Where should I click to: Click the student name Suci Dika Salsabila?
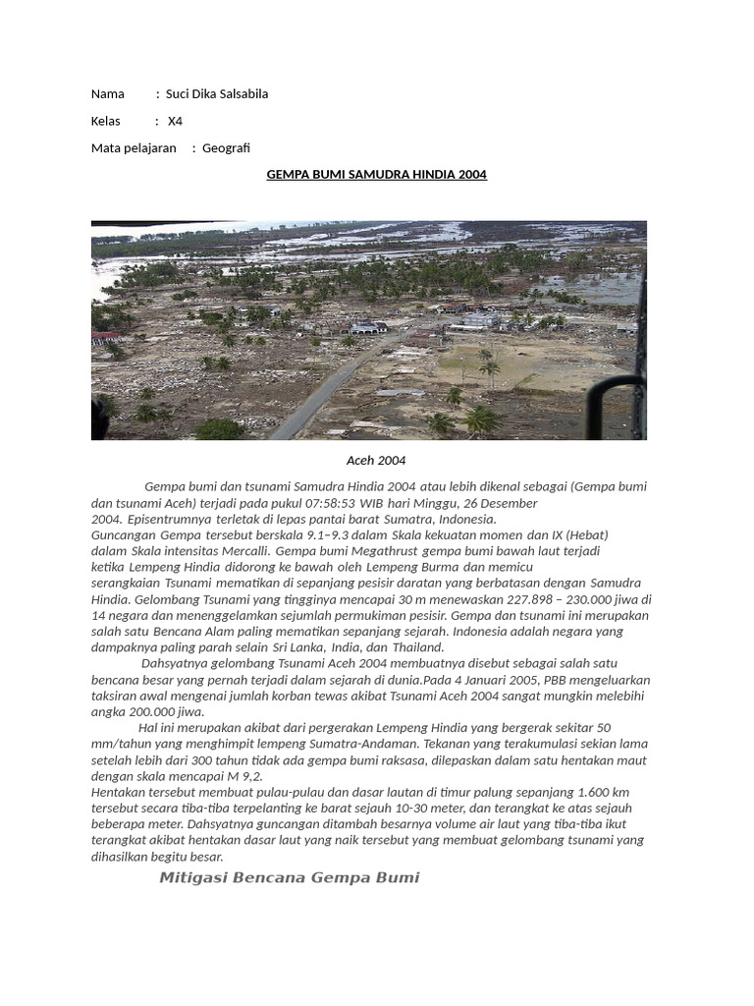[216, 94]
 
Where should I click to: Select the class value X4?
[175, 121]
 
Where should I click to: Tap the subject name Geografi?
[226, 147]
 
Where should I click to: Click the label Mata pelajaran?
[134, 147]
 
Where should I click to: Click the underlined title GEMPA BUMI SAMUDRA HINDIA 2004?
[377, 175]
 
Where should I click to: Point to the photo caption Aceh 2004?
[376, 460]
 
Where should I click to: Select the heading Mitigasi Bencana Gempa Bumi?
[289, 877]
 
